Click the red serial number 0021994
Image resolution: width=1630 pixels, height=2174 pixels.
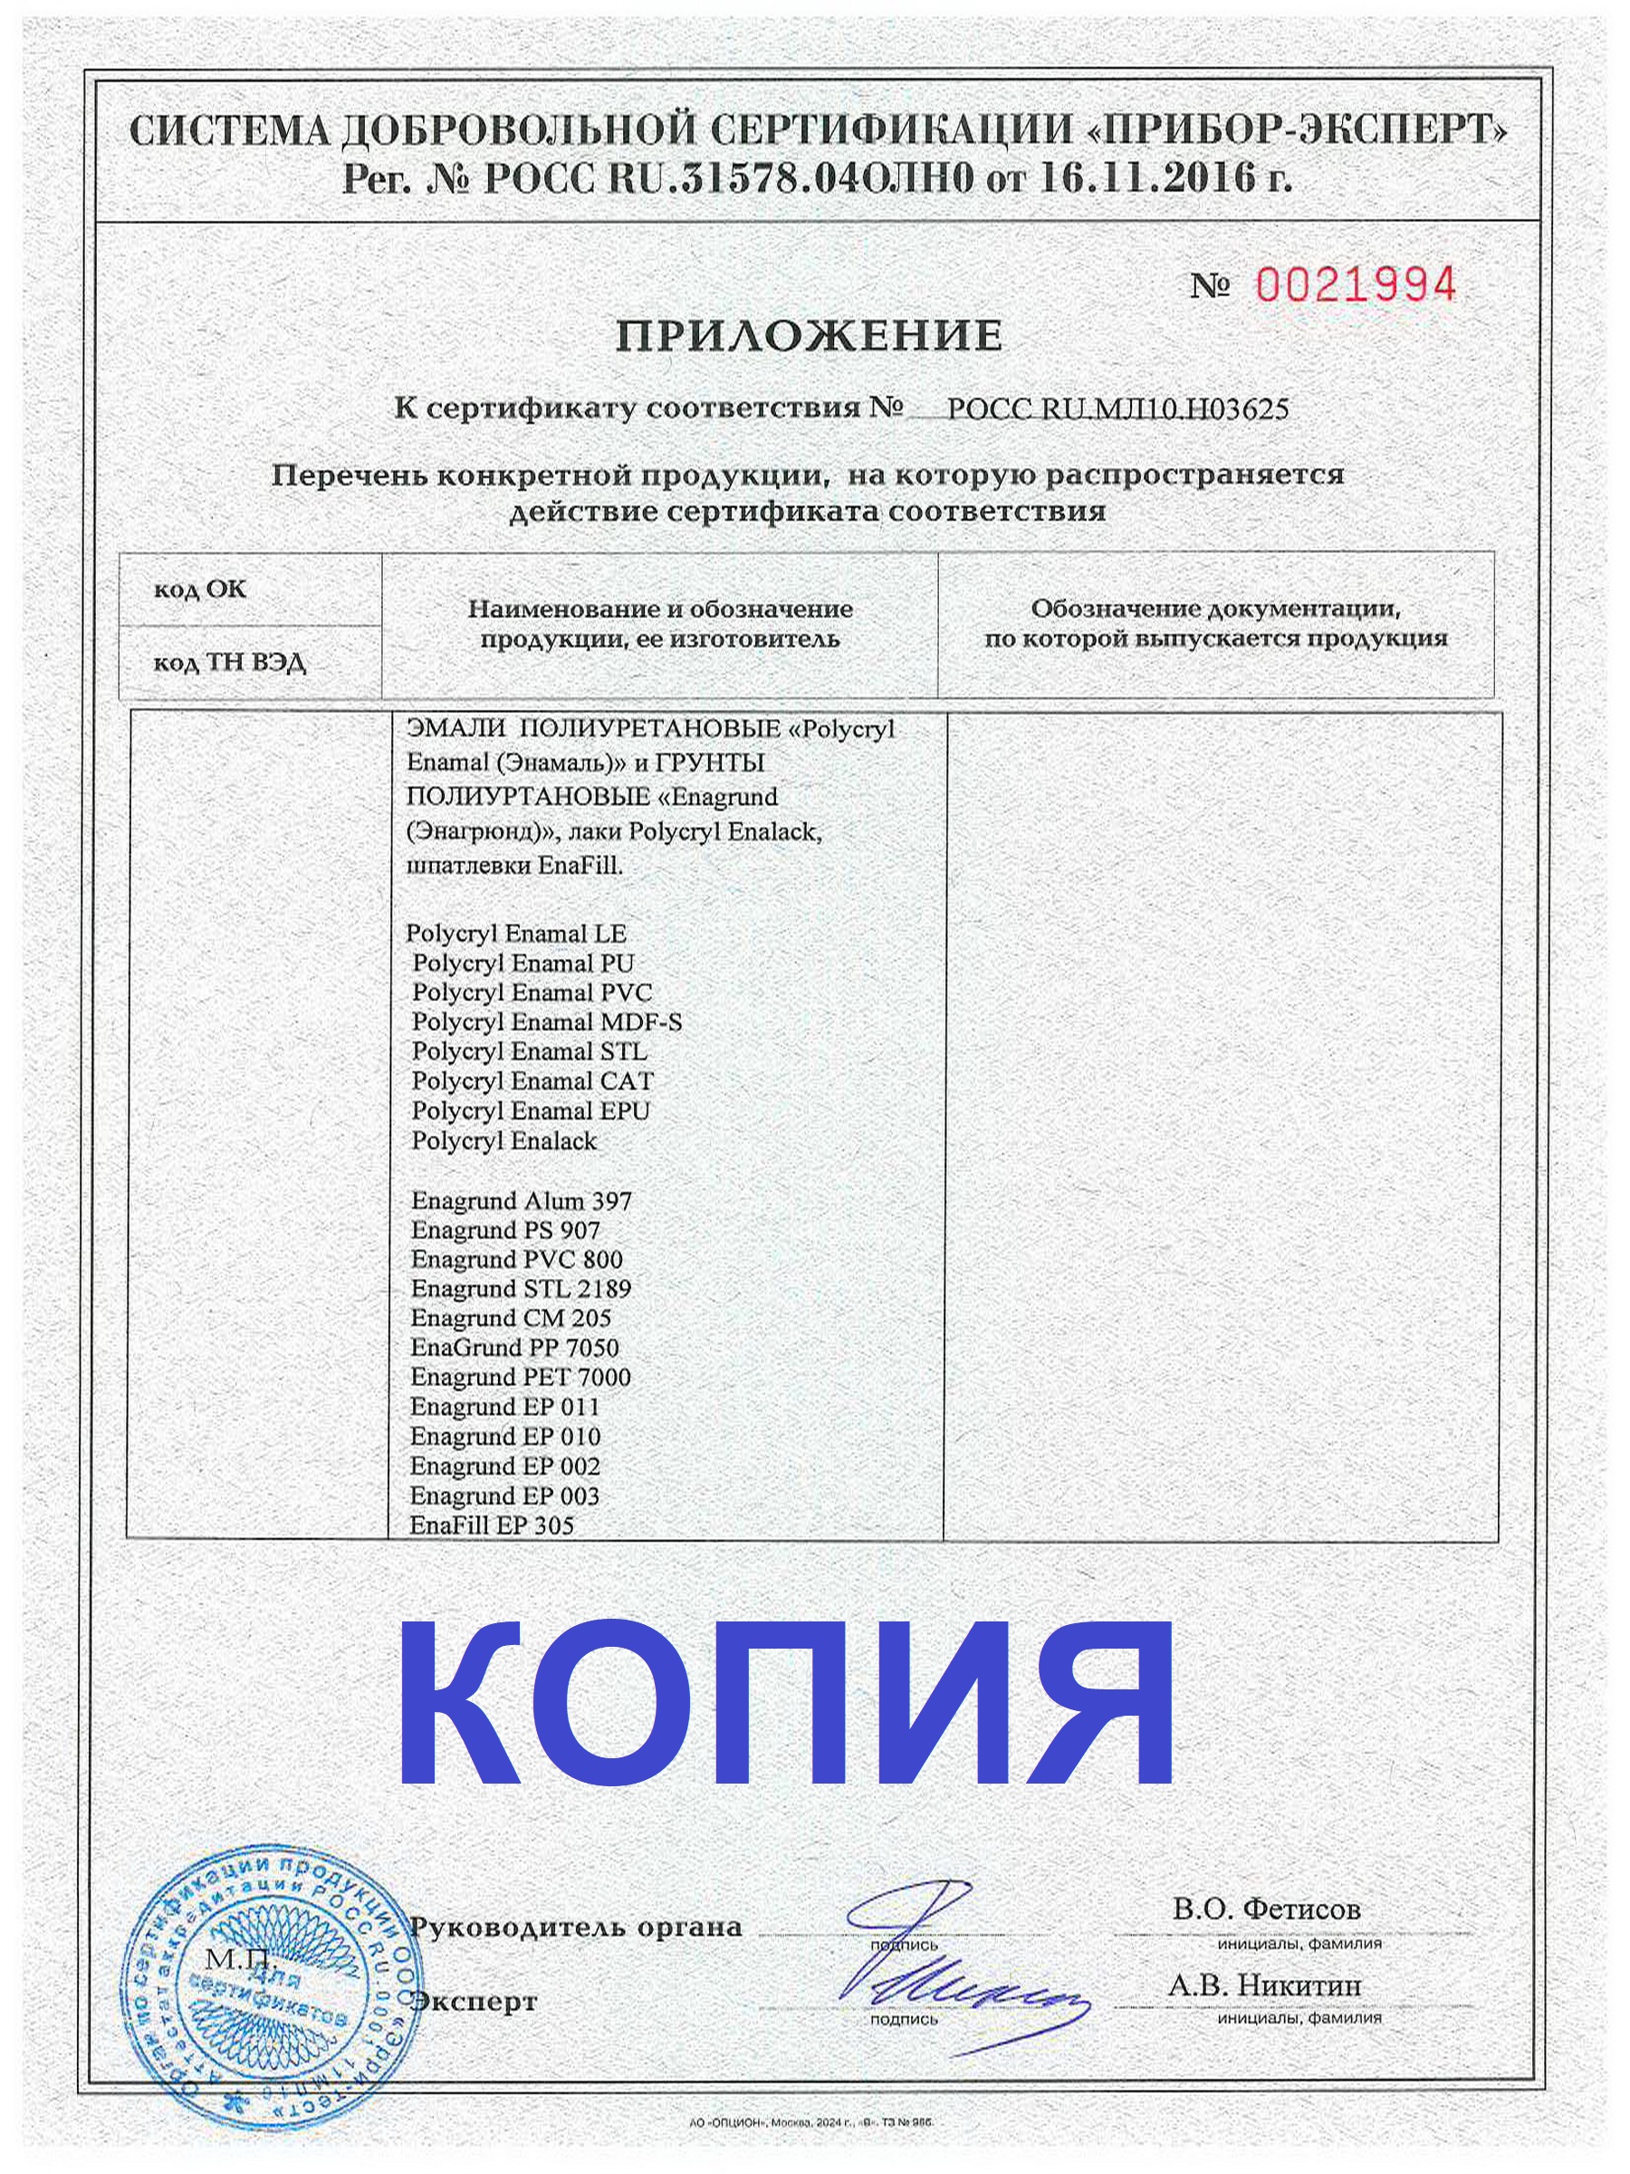(1356, 286)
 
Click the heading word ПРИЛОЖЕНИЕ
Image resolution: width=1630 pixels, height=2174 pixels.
(809, 337)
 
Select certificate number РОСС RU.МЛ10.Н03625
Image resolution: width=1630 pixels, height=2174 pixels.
(1117, 409)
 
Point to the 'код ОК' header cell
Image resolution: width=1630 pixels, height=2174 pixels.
(200, 590)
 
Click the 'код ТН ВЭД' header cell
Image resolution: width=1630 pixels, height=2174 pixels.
(229, 663)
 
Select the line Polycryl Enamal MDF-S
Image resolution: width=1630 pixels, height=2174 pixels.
(546, 1022)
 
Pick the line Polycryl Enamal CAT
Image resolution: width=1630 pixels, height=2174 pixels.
(532, 1081)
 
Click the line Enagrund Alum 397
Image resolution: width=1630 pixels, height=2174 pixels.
(521, 1201)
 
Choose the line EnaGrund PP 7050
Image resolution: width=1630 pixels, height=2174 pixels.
(515, 1348)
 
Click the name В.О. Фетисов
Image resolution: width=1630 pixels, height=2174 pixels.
(1265, 1909)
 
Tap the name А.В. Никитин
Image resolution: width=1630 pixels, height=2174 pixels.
(1263, 1986)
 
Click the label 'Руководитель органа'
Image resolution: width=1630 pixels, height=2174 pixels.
(576, 1928)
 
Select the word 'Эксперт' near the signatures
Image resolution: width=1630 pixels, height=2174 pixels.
(475, 2001)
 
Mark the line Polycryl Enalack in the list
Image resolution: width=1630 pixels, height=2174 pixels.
(504, 1141)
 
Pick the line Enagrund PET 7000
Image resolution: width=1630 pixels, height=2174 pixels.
(521, 1377)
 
